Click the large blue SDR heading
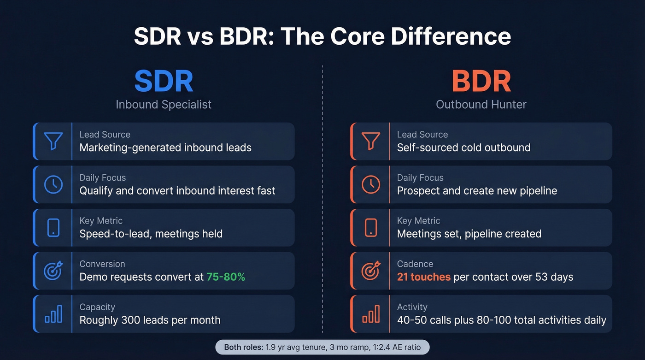coord(164,82)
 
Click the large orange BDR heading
coord(481,82)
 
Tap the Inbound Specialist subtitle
coord(164,104)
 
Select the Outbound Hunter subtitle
coord(481,104)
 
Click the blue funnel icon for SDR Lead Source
coord(53,141)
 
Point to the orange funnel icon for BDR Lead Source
coord(371,141)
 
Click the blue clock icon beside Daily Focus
coord(53,184)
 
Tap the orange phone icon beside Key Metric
coord(371,227)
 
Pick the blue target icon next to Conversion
coord(53,271)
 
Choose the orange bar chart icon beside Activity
coord(371,314)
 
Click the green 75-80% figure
coord(226,277)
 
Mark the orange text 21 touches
coord(424,277)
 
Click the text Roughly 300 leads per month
coord(150,320)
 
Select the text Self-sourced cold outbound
coord(463,148)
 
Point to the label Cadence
coord(415,264)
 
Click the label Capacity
coord(97,307)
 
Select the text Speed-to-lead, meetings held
coord(151,234)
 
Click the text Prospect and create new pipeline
coord(477,190)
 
